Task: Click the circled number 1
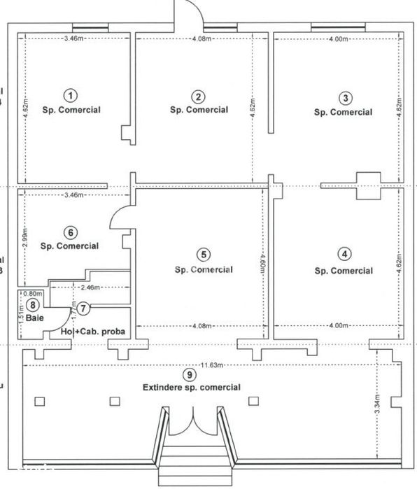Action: (70, 95)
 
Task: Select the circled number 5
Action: (204, 255)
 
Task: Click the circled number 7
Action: (83, 307)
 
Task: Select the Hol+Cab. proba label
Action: (92, 332)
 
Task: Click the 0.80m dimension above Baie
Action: (33, 294)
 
